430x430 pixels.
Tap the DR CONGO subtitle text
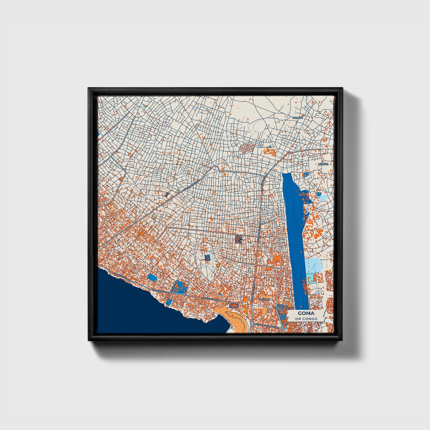(x=306, y=319)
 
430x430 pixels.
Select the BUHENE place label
(x=298, y=118)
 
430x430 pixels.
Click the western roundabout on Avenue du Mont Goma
(x=252, y=323)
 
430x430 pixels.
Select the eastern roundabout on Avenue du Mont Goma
(x=284, y=328)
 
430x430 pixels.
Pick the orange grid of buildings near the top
(x=246, y=148)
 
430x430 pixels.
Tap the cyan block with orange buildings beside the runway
(x=311, y=279)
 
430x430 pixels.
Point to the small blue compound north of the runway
(x=306, y=175)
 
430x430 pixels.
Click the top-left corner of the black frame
(x=89, y=88)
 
